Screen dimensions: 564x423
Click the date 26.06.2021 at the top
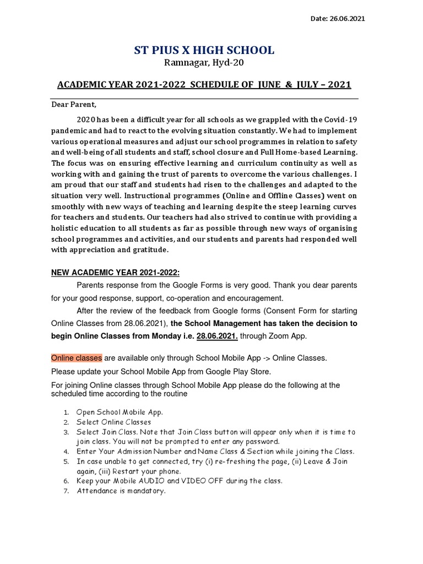(346, 19)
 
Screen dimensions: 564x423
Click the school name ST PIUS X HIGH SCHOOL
(204, 51)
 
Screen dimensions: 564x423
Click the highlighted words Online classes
(77, 358)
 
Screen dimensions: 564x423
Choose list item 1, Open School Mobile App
(120, 412)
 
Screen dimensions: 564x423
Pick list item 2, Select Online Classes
(113, 422)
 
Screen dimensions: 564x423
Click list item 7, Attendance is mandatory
(121, 491)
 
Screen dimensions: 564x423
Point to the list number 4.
(65, 452)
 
